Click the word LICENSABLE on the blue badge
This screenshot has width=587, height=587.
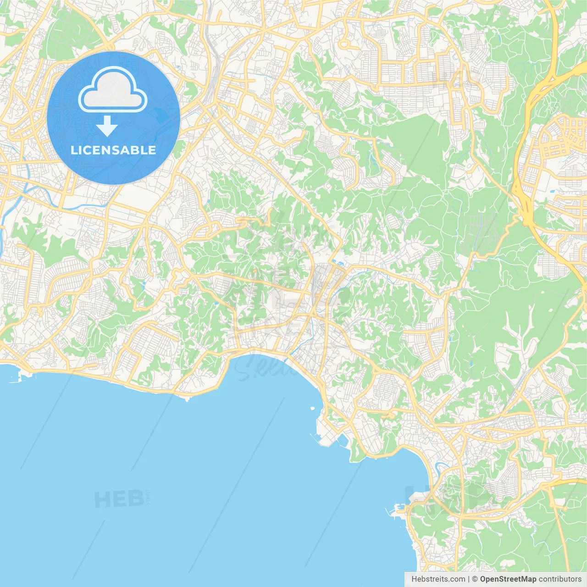113,150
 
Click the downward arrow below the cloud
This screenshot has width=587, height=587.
107,126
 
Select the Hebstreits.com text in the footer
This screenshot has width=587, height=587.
438,579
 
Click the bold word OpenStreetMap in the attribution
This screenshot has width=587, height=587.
508,579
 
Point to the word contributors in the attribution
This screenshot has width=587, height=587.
559,579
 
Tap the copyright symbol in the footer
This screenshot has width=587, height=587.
475,579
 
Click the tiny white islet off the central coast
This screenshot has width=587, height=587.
312,407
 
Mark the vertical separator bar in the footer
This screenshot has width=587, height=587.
469,579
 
